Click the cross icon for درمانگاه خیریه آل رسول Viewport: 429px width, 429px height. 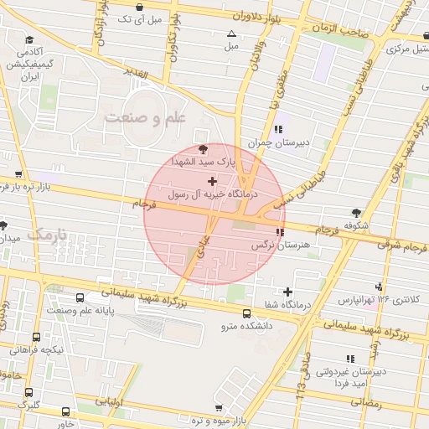[211, 181]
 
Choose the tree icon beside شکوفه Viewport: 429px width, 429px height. [358, 213]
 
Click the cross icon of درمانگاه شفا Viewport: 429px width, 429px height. [288, 292]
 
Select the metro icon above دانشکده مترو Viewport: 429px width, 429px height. [246, 314]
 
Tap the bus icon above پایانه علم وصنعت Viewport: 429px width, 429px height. [80, 297]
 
